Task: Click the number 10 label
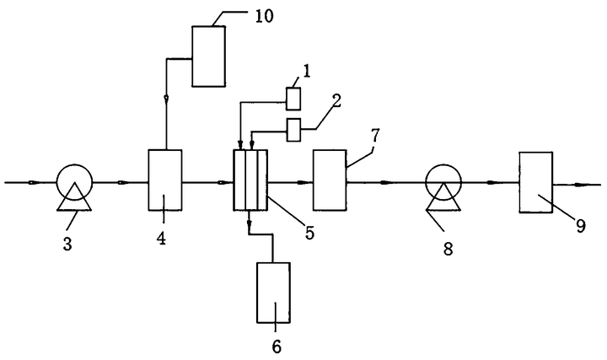click(265, 16)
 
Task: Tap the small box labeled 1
click(293, 99)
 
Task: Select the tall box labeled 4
click(165, 180)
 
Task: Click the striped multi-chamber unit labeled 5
click(250, 180)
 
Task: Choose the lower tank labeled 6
click(273, 293)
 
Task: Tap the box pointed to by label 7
click(330, 180)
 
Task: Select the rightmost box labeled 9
click(536, 182)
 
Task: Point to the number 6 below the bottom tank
click(277, 347)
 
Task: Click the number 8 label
click(448, 249)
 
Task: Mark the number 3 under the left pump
click(67, 244)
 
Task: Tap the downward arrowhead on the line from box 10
click(166, 99)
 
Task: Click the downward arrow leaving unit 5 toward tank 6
click(249, 223)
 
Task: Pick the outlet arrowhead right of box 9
click(581, 185)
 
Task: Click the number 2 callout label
click(336, 101)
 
